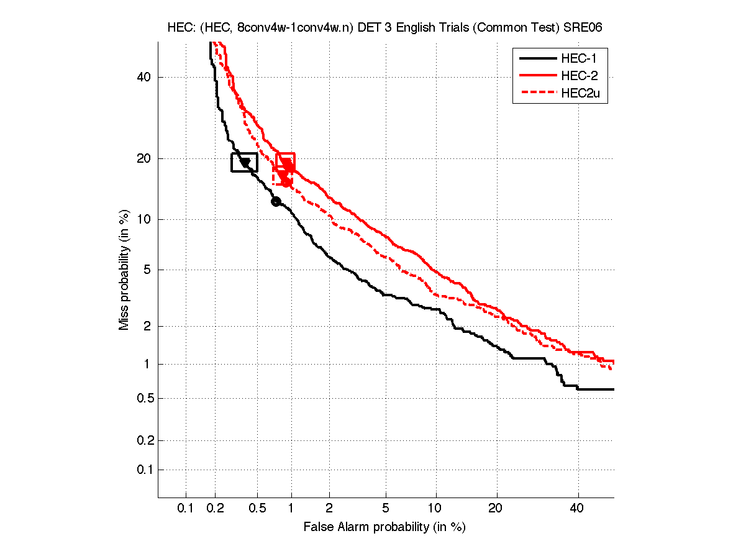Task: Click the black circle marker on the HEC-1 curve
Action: pyautogui.click(x=276, y=201)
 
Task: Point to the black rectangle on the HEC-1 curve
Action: pyautogui.click(x=244, y=162)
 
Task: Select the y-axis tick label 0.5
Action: pyautogui.click(x=142, y=398)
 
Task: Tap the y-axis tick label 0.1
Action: pyautogui.click(x=142, y=470)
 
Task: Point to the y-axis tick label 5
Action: pyautogui.click(x=148, y=270)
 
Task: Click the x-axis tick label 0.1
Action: pyautogui.click(x=186, y=509)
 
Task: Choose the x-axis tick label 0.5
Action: pyautogui.click(x=257, y=509)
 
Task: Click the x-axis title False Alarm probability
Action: pyautogui.click(x=384, y=527)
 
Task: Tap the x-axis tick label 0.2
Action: pyautogui.click(x=215, y=509)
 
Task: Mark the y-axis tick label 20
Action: pyautogui.click(x=145, y=158)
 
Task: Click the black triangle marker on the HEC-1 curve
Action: pyautogui.click(x=245, y=163)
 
